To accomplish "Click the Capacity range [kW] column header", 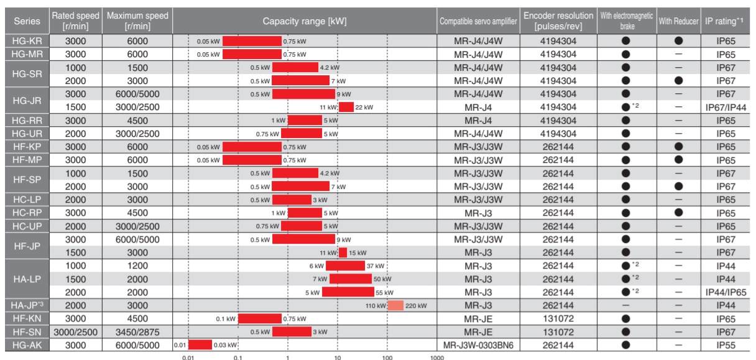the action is point(305,21).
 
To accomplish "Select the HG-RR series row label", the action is point(27,121).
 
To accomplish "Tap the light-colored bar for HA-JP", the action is point(395,306).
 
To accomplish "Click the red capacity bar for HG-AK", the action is point(200,345).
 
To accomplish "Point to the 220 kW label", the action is point(416,306).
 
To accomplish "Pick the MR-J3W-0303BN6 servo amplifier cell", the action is point(478,345).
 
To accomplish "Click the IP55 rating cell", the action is point(726,345).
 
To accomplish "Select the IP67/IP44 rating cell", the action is point(726,108).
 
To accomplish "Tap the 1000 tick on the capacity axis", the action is point(437,358).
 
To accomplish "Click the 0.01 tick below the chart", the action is point(188,358).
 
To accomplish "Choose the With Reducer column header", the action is point(678,21).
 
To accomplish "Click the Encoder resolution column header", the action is point(558,21).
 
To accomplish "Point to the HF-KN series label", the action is point(27,318).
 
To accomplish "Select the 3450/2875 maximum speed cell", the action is point(137,332).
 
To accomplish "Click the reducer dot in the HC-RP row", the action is point(678,213).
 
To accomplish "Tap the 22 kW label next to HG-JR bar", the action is point(364,108).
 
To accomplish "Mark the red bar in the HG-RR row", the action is point(305,120).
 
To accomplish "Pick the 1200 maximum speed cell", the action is point(137,266).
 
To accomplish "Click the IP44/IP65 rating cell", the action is point(726,292).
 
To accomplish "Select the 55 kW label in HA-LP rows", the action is point(384,292).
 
